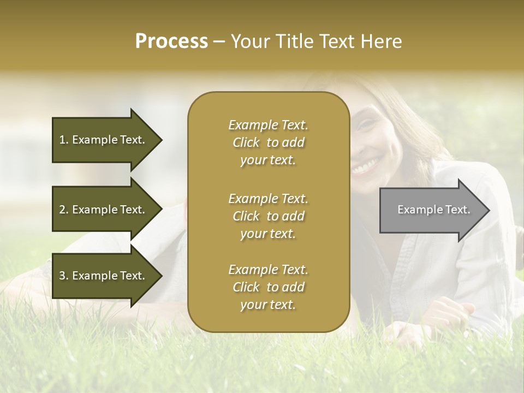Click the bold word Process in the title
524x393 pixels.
171,41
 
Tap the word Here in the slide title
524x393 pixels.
380,41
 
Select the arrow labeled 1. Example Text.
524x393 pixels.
104,140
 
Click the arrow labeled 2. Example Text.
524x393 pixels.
104,210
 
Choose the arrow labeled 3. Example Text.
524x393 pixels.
104,276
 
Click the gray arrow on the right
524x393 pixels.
431,210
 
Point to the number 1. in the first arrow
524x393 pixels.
64,140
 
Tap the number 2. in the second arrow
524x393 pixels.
64,210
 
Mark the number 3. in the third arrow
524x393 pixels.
64,276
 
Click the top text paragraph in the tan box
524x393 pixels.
268,142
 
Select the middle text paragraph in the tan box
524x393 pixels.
268,216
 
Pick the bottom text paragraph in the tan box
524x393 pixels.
268,287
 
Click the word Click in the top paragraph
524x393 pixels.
246,142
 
